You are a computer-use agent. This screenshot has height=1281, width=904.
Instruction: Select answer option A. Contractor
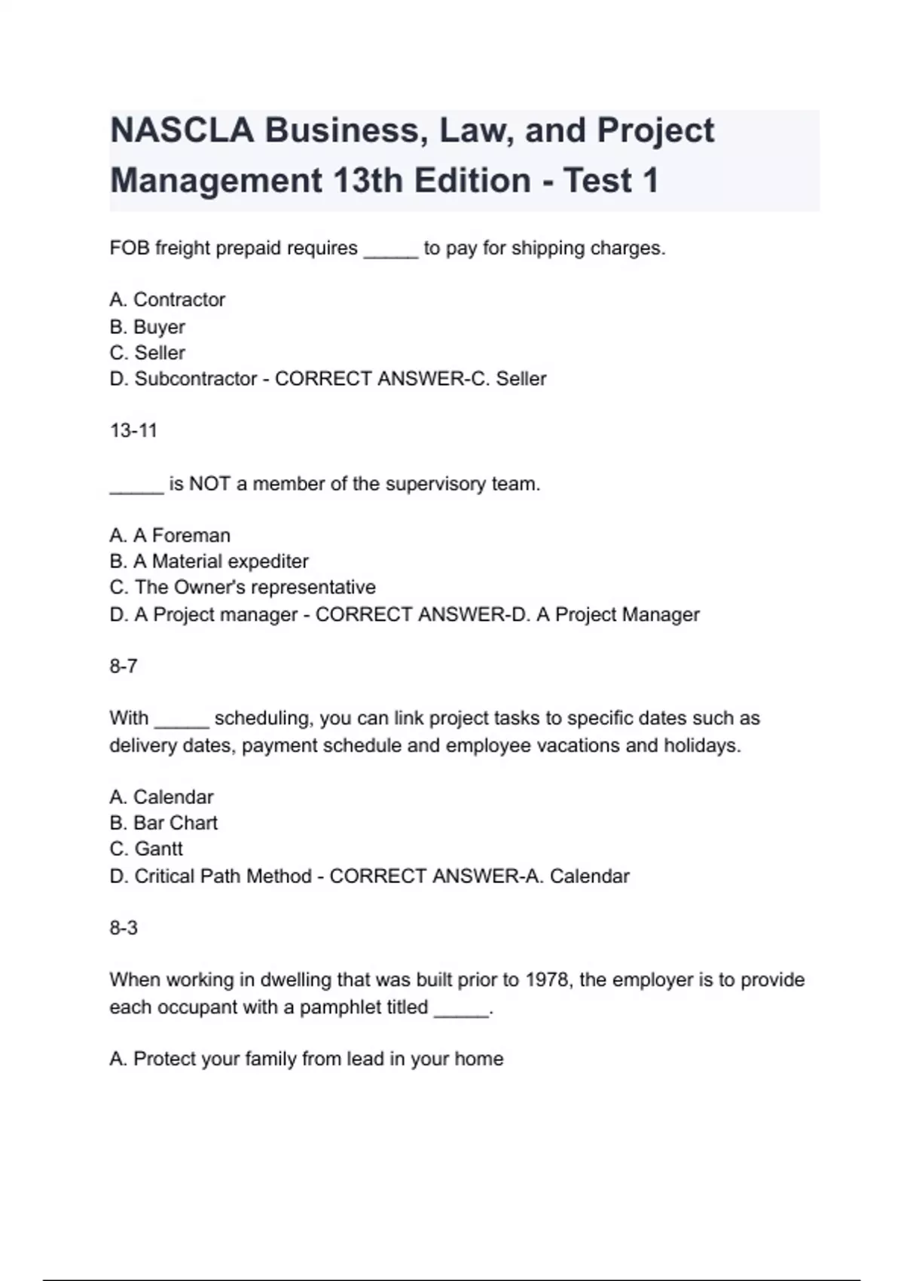point(167,300)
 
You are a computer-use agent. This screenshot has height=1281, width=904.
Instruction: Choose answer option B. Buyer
point(147,327)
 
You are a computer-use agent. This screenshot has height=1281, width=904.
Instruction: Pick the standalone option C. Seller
point(147,353)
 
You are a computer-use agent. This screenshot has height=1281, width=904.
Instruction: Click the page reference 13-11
point(133,431)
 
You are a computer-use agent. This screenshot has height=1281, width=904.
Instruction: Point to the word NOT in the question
point(209,484)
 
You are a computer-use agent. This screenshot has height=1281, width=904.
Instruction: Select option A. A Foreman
point(169,536)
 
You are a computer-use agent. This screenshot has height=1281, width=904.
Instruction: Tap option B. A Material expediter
point(209,561)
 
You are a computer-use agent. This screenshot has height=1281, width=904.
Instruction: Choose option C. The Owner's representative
point(242,587)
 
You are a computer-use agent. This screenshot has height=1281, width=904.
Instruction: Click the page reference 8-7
point(124,666)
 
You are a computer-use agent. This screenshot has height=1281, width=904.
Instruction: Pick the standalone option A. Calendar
point(161,797)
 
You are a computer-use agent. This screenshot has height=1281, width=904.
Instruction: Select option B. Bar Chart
point(163,823)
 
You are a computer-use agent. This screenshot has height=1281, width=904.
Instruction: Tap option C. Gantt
point(146,849)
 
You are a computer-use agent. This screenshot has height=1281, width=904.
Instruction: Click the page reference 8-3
point(124,928)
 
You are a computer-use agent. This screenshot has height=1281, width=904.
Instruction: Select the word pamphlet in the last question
point(364,1007)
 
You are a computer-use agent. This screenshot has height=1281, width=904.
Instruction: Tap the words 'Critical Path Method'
point(222,876)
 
